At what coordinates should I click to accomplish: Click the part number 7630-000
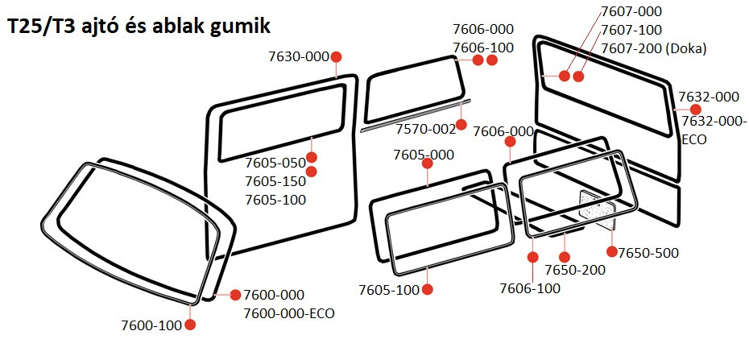pyautogui.click(x=299, y=56)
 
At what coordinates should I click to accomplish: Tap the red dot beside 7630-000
pyautogui.click(x=336, y=56)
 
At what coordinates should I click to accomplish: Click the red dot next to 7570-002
pyautogui.click(x=461, y=125)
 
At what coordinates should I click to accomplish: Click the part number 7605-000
pyautogui.click(x=423, y=155)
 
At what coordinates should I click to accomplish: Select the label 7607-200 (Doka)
pyautogui.click(x=653, y=48)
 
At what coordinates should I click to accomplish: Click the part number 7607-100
pyautogui.click(x=631, y=30)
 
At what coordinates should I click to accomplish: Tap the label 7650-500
pyautogui.click(x=648, y=253)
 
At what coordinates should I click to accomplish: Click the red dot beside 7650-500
pyautogui.click(x=611, y=252)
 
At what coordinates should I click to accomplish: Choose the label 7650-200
pyautogui.click(x=575, y=270)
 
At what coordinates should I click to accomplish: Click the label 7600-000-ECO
pyautogui.click(x=288, y=313)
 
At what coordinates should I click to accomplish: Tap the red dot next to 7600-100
pyautogui.click(x=190, y=325)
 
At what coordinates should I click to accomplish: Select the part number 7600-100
pyautogui.click(x=151, y=325)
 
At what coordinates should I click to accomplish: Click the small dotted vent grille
pyautogui.click(x=596, y=207)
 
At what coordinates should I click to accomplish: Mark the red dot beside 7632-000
pyautogui.click(x=685, y=109)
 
